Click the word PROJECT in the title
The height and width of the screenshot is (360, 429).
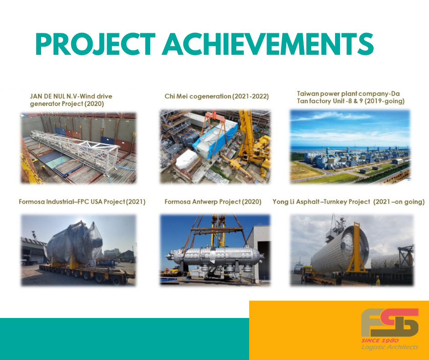[95, 44]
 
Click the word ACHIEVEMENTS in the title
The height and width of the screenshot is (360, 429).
[268, 44]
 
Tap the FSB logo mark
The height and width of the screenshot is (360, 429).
[390, 323]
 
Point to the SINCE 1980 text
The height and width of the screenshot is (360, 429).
[380, 340]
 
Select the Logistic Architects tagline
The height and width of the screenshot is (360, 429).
[390, 347]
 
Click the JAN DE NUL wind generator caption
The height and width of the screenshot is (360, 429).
[71, 100]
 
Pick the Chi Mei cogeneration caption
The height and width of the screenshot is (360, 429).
[217, 96]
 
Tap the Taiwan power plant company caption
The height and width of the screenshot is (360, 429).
[351, 97]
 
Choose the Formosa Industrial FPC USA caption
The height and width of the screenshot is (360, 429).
[82, 202]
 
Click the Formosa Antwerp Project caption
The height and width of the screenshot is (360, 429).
[213, 202]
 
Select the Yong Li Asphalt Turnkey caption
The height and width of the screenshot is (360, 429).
[349, 202]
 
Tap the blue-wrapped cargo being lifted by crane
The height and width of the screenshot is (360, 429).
[215, 140]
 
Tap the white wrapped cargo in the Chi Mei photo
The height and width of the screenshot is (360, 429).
[187, 159]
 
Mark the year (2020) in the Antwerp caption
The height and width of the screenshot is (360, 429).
[252, 202]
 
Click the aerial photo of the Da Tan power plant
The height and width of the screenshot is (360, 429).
[350, 147]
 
